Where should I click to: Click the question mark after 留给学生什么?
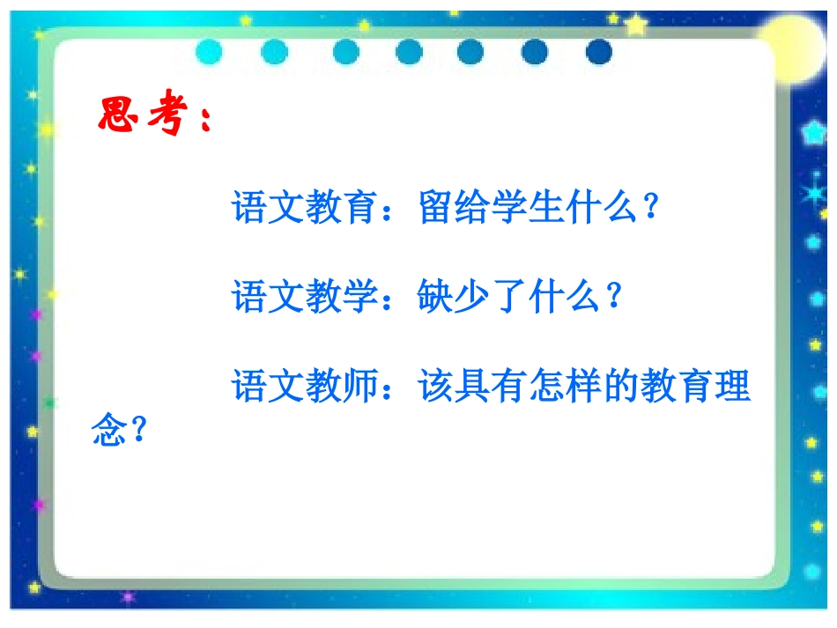(651, 208)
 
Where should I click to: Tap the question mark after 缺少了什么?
(614, 297)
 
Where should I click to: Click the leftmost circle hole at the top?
(210, 52)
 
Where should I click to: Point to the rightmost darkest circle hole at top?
(598, 52)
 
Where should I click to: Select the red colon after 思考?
(205, 120)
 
